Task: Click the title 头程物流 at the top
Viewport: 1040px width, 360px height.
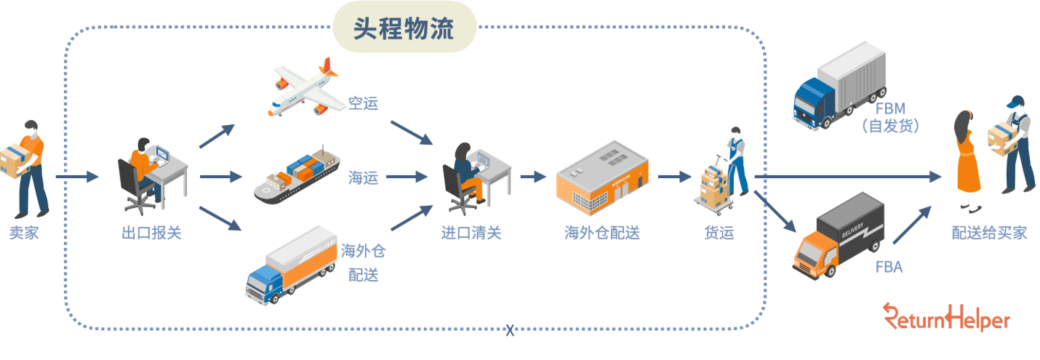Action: coord(404,30)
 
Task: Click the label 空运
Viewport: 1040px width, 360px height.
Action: coord(363,104)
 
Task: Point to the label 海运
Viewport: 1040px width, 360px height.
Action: coord(363,177)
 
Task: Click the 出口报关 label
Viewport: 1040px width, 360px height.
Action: coord(151,233)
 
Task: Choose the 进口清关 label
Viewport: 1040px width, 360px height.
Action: coord(471,233)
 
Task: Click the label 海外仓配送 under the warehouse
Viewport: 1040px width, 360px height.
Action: coord(602,233)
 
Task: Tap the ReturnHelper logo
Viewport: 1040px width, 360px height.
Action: coord(947,318)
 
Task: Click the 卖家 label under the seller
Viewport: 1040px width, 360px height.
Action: coord(24,233)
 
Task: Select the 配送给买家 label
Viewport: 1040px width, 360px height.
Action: coord(989,233)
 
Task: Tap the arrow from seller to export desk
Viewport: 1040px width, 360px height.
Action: coord(77,177)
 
